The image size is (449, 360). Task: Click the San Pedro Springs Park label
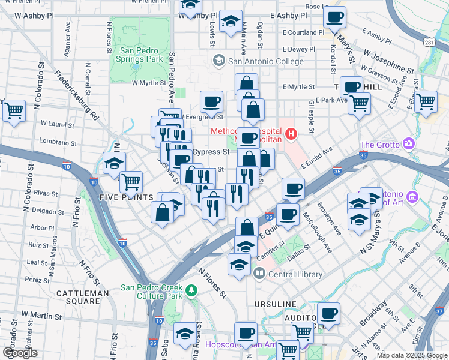141,55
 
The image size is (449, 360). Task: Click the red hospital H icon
291,133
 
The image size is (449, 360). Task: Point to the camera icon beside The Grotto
409,144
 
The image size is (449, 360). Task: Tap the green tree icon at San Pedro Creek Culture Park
191,290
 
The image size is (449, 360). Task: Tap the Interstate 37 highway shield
441,311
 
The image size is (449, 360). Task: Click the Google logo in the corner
20,353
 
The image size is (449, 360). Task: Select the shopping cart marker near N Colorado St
14,110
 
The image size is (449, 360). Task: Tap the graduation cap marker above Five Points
114,163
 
